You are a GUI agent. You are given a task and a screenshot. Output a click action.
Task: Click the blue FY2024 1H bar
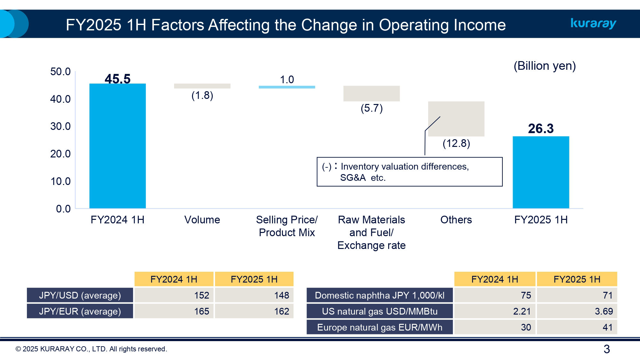coord(117,146)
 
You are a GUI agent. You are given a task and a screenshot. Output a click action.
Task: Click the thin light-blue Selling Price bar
coord(287,87)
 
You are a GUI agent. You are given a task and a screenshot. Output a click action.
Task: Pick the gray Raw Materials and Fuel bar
coord(371,93)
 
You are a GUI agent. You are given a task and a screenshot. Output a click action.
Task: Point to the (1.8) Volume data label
coord(202,95)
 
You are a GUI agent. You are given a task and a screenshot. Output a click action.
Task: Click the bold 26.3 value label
coord(540,128)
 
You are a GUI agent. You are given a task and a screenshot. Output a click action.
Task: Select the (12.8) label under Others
coord(456,143)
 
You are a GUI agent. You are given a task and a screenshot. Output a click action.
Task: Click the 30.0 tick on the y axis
coord(60,126)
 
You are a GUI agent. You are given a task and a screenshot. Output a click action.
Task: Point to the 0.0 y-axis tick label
coord(63,209)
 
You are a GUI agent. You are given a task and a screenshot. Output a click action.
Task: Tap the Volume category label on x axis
coord(202,220)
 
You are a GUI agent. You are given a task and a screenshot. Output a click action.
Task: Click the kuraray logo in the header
coord(593,23)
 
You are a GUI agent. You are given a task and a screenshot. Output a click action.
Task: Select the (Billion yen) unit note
coord(544,66)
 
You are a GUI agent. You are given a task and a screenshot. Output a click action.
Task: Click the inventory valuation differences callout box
coord(409,172)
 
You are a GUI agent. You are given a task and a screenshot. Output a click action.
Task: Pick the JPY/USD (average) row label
coord(80,295)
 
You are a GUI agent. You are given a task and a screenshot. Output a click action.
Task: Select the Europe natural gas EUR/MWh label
coord(380,327)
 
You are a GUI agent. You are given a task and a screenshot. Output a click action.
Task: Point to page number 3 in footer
coord(606,349)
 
